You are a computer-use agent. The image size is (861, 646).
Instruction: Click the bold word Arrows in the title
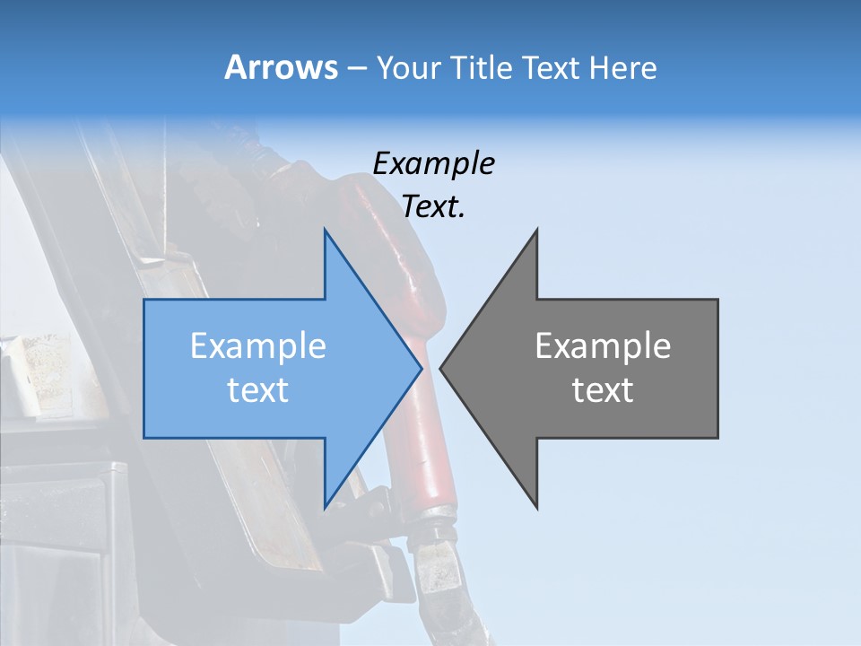click(281, 67)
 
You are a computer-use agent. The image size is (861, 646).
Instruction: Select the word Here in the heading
click(623, 68)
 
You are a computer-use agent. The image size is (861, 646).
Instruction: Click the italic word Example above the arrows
click(433, 164)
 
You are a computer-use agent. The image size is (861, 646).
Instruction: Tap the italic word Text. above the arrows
click(433, 206)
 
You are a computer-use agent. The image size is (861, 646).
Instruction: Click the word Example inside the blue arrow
click(258, 346)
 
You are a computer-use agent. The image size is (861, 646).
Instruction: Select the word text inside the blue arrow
click(258, 390)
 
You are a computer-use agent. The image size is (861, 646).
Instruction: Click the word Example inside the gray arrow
click(603, 346)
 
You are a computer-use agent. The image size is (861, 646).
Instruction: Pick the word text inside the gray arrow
click(603, 390)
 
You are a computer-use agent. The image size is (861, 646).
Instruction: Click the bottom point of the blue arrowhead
click(326, 506)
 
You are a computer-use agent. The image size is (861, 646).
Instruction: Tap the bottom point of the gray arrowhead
click(536, 507)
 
